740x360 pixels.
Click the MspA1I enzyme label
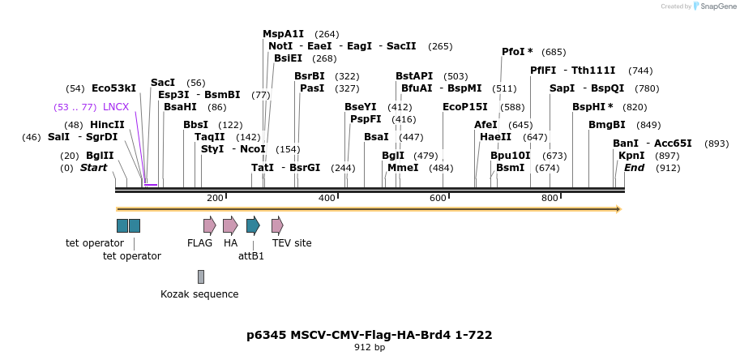283,34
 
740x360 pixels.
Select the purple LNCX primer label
116,107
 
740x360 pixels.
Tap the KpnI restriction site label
631,156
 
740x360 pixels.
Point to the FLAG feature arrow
209,225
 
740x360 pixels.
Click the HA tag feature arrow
230,225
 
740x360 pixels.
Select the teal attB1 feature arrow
253,225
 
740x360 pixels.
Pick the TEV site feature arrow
277,225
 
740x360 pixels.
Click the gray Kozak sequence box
201,276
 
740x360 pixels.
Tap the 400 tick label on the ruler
327,199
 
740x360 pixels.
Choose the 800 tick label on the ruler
550,199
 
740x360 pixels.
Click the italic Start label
93,168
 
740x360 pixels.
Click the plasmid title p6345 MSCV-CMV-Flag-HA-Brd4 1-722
370,335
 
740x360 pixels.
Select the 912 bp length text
370,348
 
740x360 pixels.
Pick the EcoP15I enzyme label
465,107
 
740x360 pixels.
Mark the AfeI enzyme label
485,125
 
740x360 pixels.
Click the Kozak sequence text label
199,294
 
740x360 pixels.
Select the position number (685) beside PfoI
554,52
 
